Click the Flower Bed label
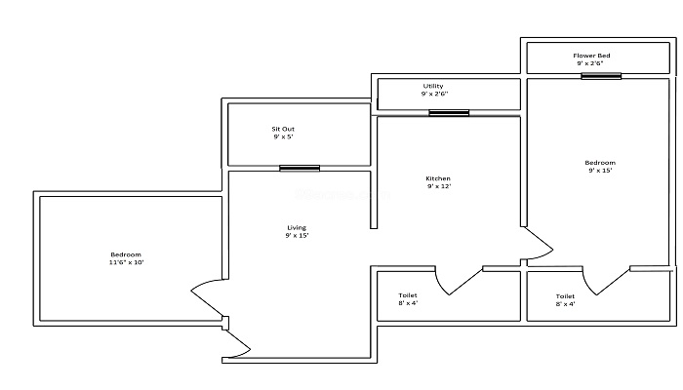tap(591, 56)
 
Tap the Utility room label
tap(433, 86)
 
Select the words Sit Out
tap(283, 129)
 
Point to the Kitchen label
tap(438, 178)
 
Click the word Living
tap(297, 227)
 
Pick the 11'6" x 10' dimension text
tap(126, 262)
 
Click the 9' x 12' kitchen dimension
tap(439, 186)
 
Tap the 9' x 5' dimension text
tap(283, 136)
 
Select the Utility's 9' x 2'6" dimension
tap(434, 94)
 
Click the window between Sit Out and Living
tap(300, 168)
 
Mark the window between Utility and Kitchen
tap(449, 113)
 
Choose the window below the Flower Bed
tap(601, 76)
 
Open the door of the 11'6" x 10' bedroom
tap(207, 297)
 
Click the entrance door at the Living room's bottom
tap(237, 344)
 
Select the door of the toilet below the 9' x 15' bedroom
tap(606, 282)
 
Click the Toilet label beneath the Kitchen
tap(408, 295)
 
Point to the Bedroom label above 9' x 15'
tap(600, 163)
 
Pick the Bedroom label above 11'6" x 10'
tap(126, 254)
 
